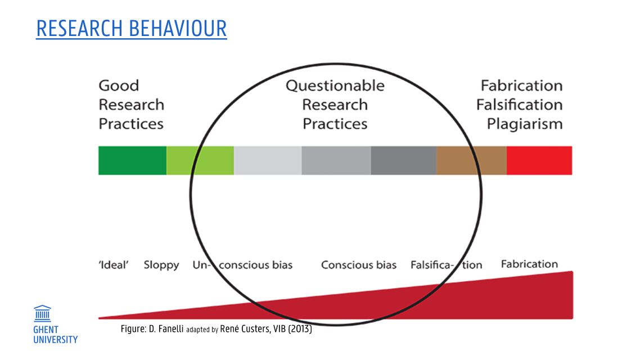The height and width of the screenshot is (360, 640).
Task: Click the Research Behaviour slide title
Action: (132, 29)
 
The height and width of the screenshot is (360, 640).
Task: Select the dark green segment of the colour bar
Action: (132, 160)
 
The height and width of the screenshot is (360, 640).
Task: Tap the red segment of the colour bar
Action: (539, 160)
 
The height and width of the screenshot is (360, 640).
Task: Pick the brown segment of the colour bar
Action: (471, 160)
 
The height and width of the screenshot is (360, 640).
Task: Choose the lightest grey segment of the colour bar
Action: (268, 160)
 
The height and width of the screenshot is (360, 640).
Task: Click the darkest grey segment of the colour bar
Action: (404, 160)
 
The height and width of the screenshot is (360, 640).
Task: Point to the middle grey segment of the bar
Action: (336, 160)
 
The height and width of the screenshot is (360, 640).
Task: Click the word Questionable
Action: (335, 85)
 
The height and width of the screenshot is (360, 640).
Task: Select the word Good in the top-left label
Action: (119, 85)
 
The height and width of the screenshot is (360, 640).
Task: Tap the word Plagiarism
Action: (525, 124)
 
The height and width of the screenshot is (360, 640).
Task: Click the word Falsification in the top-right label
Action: (519, 105)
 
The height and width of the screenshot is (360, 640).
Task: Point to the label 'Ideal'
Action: (114, 265)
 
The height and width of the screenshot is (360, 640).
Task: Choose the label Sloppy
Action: (161, 265)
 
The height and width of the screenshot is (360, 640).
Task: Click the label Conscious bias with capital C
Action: (359, 265)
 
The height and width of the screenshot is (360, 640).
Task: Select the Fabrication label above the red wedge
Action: (529, 264)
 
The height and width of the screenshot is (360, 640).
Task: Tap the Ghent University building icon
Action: (42, 313)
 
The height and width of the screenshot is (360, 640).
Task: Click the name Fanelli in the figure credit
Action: (170, 329)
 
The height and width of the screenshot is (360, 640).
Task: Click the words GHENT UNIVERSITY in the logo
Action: (55, 335)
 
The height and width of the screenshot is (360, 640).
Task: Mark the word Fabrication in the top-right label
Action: (522, 85)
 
